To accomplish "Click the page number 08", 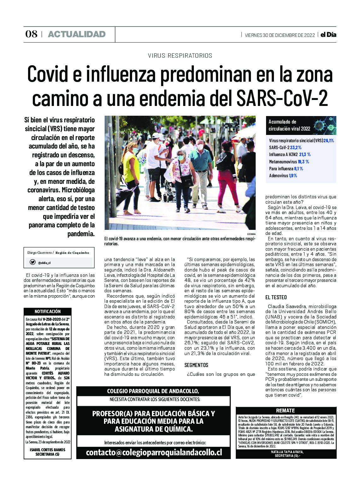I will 31,34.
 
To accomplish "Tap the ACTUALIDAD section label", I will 77,34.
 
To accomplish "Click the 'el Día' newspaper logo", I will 328,35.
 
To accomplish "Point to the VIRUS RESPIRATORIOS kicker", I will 180,56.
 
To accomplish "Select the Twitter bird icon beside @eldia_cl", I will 32,262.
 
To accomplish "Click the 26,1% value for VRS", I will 328,141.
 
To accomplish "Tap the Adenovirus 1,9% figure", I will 293,176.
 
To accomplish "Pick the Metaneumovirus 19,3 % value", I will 303,162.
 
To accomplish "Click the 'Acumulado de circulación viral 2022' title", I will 289,125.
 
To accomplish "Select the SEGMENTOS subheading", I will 196,365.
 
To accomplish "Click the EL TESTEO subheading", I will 276,297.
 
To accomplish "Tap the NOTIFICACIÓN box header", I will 48,311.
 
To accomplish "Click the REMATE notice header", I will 285,411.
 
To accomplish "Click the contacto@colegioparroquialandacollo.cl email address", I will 154,452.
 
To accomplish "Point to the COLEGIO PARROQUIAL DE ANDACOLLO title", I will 153,391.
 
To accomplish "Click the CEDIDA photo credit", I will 251,234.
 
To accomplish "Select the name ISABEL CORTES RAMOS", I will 48,450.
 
